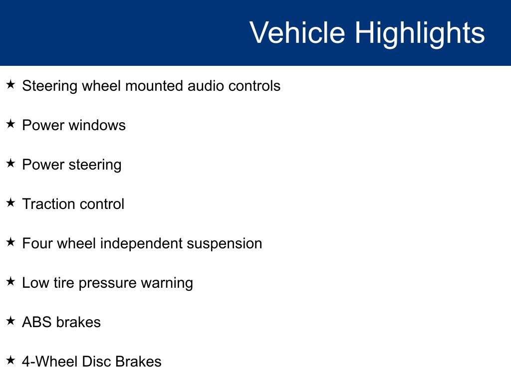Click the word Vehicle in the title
click(x=297, y=32)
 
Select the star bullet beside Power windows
click(x=11, y=124)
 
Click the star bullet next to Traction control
click(x=11, y=202)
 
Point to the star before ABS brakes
click(x=11, y=321)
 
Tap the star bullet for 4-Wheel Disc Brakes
click(x=11, y=360)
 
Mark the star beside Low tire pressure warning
click(x=11, y=281)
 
